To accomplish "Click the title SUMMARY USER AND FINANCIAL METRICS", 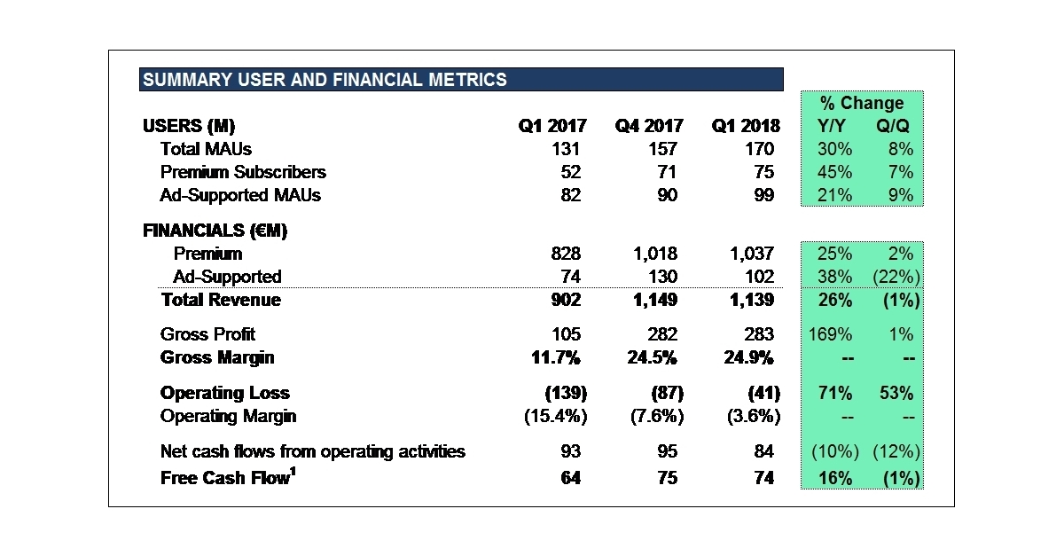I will [x=325, y=80].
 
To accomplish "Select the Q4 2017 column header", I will [x=647, y=126].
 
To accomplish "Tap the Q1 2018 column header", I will [x=744, y=126].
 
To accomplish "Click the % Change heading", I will [x=861, y=103].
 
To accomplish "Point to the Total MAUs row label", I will [x=206, y=149].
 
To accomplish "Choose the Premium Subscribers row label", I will [x=243, y=172].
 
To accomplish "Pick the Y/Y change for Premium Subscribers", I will [x=833, y=172].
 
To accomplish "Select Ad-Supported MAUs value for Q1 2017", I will [x=571, y=195].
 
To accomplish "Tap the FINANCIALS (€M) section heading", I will [x=215, y=231].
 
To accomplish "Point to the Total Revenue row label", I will [x=221, y=300].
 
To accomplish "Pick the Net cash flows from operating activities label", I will [x=312, y=451].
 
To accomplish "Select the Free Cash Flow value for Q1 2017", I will [x=571, y=478].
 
